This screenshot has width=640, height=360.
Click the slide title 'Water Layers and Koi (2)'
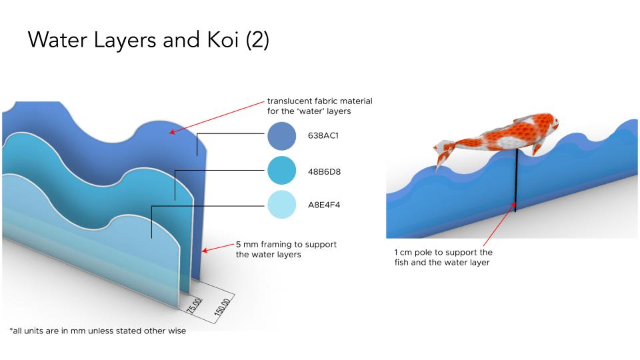click(x=148, y=40)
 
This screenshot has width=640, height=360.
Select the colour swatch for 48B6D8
click(x=281, y=171)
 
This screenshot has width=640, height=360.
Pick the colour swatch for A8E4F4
click(x=281, y=205)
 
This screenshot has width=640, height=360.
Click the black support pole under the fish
click(x=515, y=180)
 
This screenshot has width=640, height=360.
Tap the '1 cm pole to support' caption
click(x=443, y=253)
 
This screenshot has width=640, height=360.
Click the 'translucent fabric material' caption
click(x=319, y=101)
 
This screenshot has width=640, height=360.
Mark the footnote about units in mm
click(x=97, y=331)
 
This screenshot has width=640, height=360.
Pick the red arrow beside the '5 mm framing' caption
click(x=217, y=248)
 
